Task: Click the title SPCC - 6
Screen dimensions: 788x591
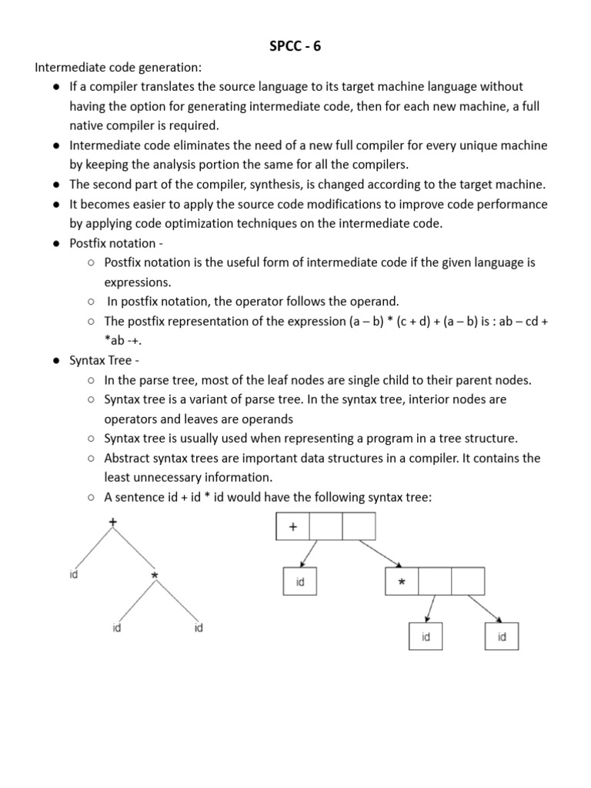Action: point(295,46)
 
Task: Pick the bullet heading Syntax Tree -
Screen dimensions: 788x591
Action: point(105,360)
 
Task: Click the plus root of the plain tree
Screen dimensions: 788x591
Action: point(114,523)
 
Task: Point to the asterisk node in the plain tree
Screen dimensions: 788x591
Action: point(155,576)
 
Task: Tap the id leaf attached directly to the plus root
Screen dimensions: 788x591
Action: point(73,574)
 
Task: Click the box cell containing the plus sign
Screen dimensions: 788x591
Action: point(292,527)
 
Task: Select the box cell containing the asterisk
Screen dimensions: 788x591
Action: point(401,583)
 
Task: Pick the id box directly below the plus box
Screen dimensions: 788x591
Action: point(300,583)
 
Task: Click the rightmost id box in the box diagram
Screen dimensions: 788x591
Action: point(502,637)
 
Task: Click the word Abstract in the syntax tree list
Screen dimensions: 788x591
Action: point(128,458)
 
